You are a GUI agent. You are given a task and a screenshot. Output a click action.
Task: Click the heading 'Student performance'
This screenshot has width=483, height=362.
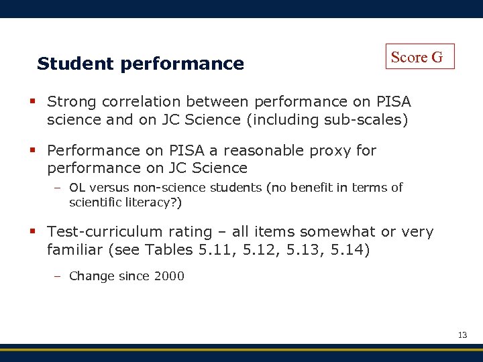(140, 64)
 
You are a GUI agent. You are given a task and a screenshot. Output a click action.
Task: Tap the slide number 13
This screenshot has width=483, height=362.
(462, 335)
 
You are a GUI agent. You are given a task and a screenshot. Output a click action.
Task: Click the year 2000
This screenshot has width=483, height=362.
(169, 276)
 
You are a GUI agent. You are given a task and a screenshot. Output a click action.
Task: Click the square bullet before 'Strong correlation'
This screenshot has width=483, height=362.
(32, 102)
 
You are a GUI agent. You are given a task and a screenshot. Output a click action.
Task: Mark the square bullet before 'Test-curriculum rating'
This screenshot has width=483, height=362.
(32, 232)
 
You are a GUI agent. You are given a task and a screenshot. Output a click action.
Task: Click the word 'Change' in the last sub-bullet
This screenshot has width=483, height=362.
(92, 276)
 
